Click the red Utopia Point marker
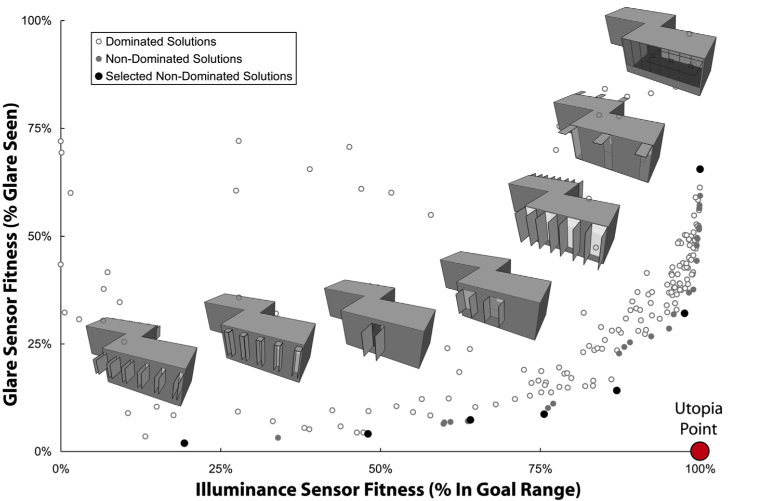coord(699,451)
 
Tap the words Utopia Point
coord(698,419)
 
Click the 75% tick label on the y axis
coord(39,129)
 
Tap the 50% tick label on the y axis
coord(39,236)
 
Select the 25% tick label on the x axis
coord(220,469)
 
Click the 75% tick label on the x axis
coord(540,469)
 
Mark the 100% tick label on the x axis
coord(699,469)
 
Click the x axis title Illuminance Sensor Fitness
coord(388,489)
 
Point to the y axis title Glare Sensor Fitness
coord(11,254)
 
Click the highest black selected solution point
coord(699,169)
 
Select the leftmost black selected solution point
coord(184,443)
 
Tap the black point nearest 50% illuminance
coord(368,434)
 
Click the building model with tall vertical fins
coord(564,221)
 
